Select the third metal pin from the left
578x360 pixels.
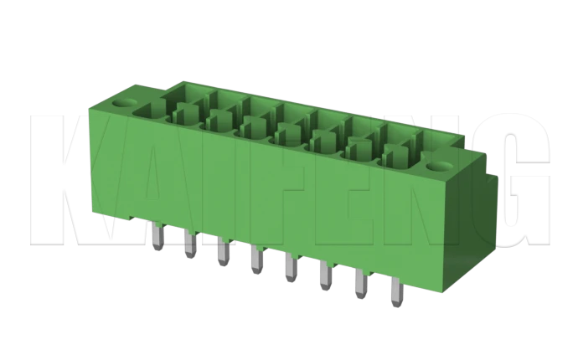(x=222, y=253)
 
